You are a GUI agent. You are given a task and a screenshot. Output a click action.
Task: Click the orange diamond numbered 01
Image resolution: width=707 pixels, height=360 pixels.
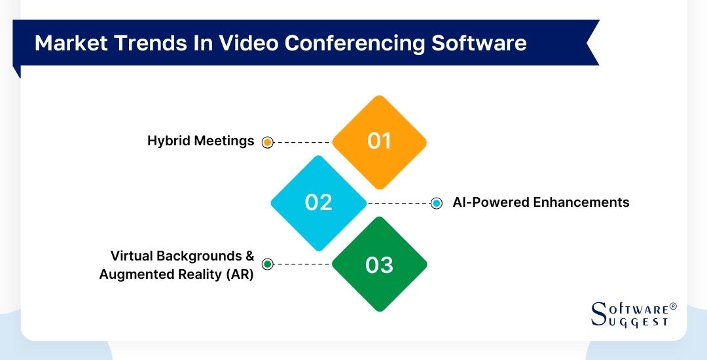pyautogui.click(x=379, y=141)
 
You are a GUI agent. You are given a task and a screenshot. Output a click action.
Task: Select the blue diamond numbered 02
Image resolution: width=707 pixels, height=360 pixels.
pyautogui.click(x=319, y=202)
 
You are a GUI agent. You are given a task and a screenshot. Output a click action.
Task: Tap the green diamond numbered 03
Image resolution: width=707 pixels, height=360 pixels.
pyautogui.click(x=379, y=264)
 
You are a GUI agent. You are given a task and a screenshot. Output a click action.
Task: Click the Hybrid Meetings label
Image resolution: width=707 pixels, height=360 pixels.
pyautogui.click(x=200, y=141)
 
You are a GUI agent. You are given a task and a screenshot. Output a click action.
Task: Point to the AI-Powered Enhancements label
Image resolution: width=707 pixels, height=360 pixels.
pyautogui.click(x=541, y=202)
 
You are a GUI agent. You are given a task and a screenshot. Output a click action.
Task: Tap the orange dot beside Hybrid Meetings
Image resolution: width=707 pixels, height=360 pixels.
pyautogui.click(x=267, y=142)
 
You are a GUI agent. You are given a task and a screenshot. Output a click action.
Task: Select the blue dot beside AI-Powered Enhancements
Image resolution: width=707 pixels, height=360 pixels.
pyautogui.click(x=437, y=204)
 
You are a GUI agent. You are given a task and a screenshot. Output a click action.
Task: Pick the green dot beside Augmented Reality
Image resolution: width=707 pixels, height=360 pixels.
pyautogui.click(x=267, y=264)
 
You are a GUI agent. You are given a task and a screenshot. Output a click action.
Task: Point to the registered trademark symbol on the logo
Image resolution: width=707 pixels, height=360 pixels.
pyautogui.click(x=673, y=306)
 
